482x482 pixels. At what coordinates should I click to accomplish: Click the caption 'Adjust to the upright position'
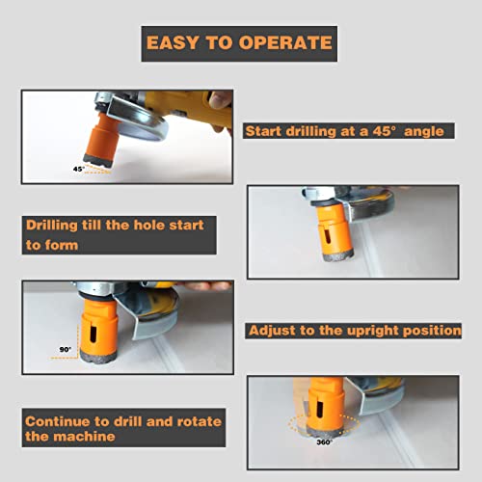[355, 330]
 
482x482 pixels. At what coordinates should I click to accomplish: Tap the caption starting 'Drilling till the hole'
[115, 234]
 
